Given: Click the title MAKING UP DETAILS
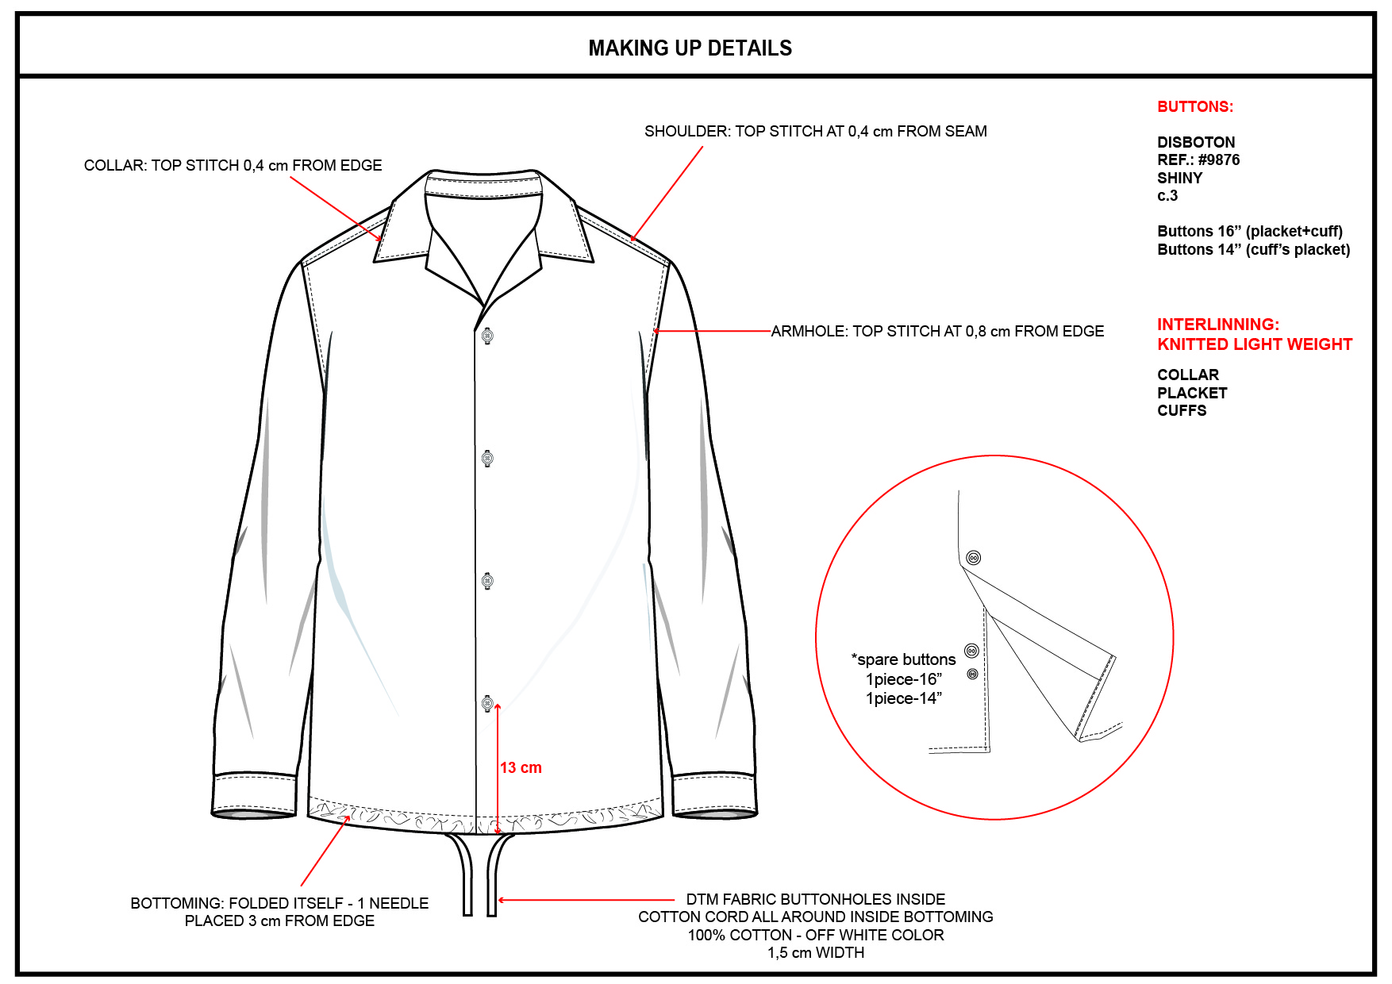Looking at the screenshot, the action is (690, 48).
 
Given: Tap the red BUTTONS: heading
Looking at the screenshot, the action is (1194, 107).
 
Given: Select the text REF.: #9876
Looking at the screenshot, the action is (1198, 160).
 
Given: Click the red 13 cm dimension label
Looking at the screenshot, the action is (521, 768).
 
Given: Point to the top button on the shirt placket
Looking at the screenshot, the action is (487, 336).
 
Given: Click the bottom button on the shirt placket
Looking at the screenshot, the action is (487, 703).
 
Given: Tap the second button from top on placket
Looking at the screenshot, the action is (487, 459).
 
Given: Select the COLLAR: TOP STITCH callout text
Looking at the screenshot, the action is (233, 166).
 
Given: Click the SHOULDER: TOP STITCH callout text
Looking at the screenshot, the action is (815, 132).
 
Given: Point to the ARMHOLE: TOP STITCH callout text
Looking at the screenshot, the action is (937, 332).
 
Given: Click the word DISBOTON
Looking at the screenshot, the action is (1195, 143).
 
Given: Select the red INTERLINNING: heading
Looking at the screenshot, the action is (1217, 325).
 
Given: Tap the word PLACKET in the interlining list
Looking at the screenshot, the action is (1191, 394).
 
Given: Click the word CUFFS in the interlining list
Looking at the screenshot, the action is (1181, 411).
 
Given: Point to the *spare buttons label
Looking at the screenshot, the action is (903, 660).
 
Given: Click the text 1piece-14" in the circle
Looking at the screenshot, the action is (903, 699).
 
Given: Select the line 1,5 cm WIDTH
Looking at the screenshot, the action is (815, 953).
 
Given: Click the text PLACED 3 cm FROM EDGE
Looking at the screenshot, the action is (279, 921).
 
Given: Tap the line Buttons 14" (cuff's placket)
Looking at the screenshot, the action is (1253, 250).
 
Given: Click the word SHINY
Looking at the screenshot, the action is (1179, 179).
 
